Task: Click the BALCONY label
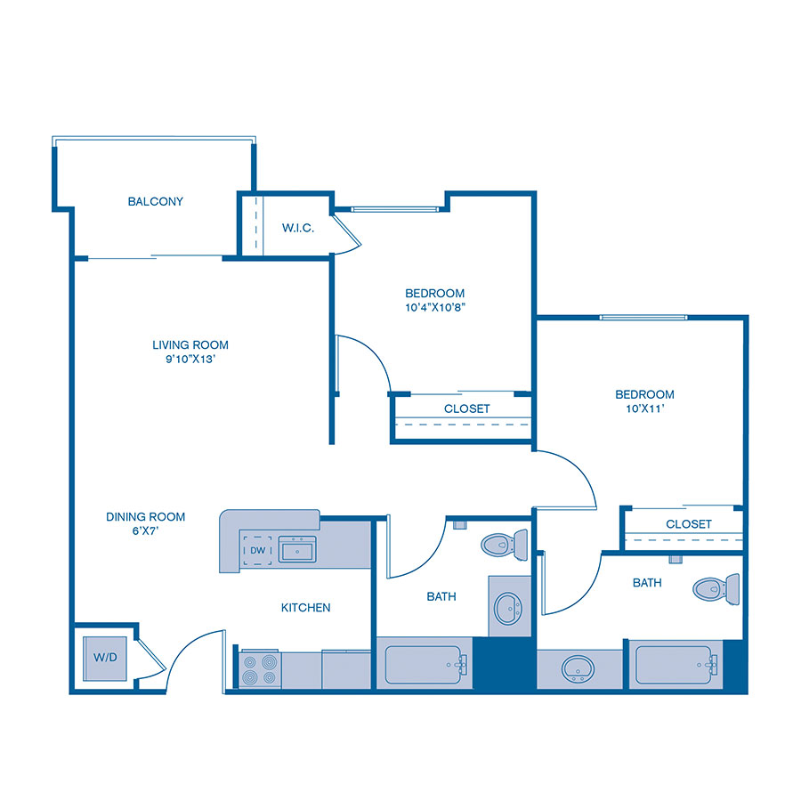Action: (x=156, y=202)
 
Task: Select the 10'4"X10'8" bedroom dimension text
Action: (x=435, y=308)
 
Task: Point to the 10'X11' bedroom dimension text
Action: (x=644, y=409)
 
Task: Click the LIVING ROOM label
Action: (x=190, y=344)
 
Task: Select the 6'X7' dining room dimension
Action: (x=146, y=531)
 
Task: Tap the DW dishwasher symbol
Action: (x=256, y=551)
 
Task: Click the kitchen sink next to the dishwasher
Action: (x=298, y=550)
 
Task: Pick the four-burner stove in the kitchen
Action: (x=259, y=669)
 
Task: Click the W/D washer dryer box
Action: (x=106, y=658)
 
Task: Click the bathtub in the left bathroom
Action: (x=424, y=664)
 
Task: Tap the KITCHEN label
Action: (x=305, y=608)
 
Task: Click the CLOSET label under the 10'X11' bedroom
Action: (x=688, y=524)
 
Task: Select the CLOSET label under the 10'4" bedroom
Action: (x=466, y=409)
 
